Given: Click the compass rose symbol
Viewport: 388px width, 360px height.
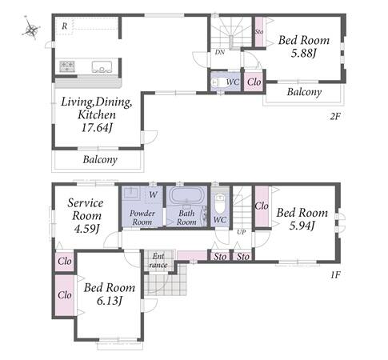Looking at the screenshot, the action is [31, 29].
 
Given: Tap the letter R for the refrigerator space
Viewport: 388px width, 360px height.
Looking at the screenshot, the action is [65, 26].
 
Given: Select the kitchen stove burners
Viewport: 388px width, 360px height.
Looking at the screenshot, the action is [67, 66].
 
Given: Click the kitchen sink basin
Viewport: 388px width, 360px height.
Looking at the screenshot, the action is [102, 66].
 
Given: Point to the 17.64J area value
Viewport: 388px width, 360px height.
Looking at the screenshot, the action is [97, 128].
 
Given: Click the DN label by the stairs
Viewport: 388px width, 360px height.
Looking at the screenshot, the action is [220, 52].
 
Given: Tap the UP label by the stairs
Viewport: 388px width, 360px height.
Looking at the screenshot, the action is [242, 232].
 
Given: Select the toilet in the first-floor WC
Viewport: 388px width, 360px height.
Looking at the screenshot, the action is [220, 203].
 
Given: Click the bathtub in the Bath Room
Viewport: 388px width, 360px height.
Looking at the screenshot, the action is [186, 195].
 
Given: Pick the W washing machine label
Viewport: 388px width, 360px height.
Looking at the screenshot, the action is [153, 194].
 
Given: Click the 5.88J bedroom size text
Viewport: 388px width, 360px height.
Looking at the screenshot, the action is [304, 54].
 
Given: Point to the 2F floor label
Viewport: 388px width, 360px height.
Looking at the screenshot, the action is [335, 117].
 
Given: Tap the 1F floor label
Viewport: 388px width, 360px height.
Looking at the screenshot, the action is [335, 274].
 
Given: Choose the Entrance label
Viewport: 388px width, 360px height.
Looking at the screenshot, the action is [158, 260].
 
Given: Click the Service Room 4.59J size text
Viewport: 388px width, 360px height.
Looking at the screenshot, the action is [86, 229].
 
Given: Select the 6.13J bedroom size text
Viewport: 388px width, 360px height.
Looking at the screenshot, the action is [110, 301].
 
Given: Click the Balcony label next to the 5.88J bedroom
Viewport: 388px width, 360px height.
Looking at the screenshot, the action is [304, 92].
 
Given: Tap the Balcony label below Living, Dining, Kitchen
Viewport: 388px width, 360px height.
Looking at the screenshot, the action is [100, 159].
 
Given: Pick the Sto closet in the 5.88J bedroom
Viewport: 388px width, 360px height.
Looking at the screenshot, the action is [259, 32].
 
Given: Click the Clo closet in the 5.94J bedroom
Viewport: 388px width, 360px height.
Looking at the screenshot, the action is [262, 206].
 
